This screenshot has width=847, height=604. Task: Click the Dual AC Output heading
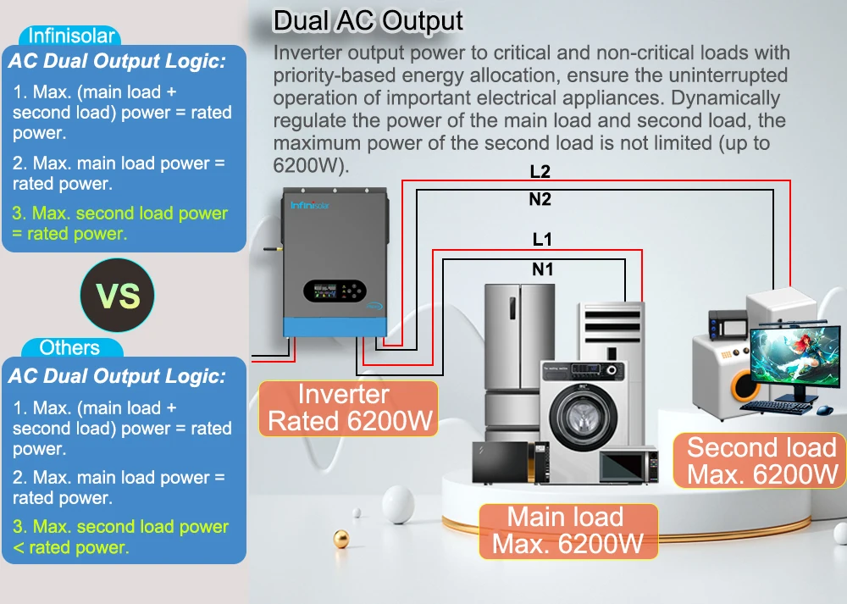tap(368, 20)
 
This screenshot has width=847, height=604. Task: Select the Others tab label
tap(69, 347)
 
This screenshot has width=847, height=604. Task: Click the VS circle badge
tap(118, 296)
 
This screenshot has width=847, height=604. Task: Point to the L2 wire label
tap(540, 172)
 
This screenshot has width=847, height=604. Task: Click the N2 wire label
tap(540, 199)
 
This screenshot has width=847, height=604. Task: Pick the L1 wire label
tap(542, 240)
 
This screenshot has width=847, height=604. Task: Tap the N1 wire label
tap(542, 269)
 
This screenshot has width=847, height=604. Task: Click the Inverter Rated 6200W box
tap(348, 408)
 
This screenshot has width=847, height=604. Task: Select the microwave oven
tap(628, 465)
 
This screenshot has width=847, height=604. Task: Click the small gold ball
tap(341, 539)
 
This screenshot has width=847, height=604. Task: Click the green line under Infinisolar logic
tap(119, 224)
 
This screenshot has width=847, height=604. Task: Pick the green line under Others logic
tap(119, 537)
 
